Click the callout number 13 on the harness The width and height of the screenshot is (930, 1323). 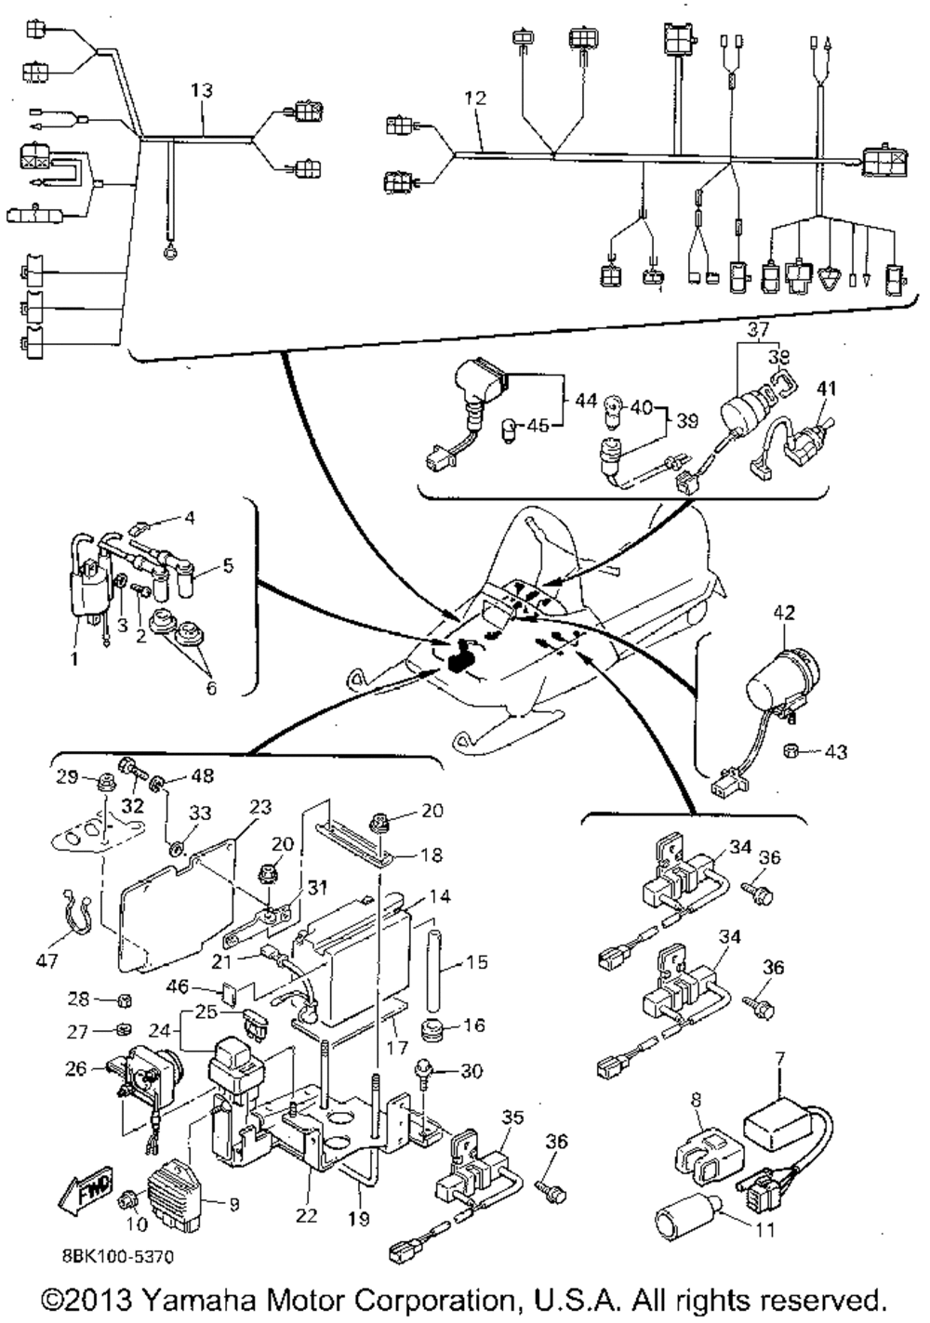click(202, 90)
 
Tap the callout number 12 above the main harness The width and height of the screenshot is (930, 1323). click(475, 97)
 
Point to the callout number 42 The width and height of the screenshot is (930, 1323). click(785, 613)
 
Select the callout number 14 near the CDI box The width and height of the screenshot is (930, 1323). click(436, 898)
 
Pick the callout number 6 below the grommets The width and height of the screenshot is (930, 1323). click(210, 689)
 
